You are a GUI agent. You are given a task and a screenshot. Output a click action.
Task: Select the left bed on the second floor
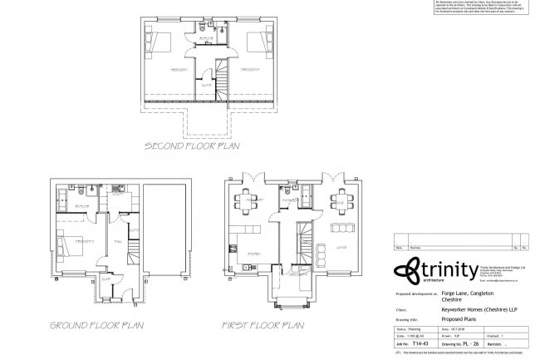159,39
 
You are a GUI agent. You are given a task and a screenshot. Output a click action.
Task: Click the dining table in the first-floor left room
247,200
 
